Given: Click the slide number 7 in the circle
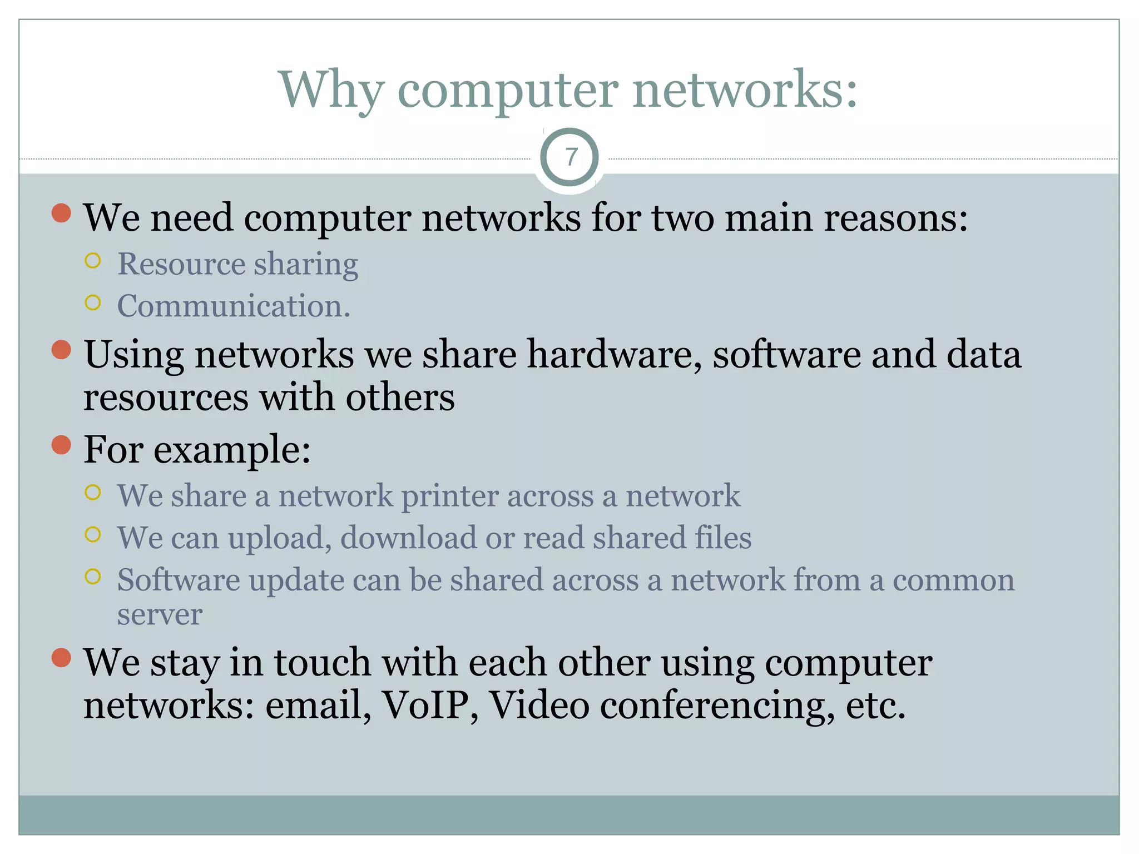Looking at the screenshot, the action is (570, 157).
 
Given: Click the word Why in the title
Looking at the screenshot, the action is (331, 91).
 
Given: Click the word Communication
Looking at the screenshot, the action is (234, 306).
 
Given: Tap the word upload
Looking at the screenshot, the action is (280, 538).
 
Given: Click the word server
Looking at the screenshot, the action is (159, 615).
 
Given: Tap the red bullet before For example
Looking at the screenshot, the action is (61, 445).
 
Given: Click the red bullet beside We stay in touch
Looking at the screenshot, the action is (61, 657).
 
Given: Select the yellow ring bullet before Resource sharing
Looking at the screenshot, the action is (93, 260).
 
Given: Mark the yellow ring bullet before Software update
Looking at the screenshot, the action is (93, 577).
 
